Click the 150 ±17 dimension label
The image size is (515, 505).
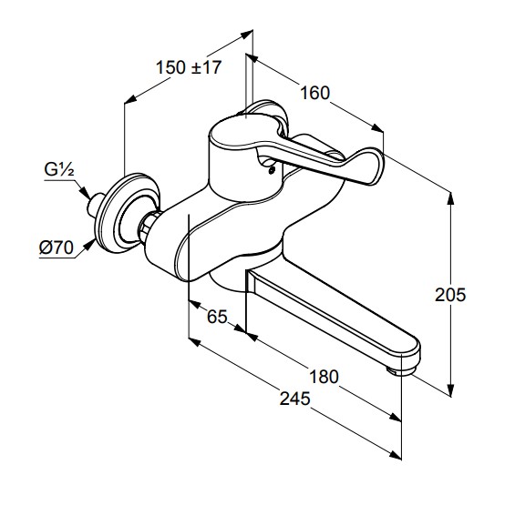tap(189, 67)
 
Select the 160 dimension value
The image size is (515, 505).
tap(315, 93)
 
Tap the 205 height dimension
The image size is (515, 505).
tap(450, 295)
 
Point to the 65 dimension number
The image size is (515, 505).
tap(217, 317)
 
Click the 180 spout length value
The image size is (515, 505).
tap(324, 377)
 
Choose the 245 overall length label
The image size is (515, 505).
tap(294, 399)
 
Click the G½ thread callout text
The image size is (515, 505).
tap(59, 170)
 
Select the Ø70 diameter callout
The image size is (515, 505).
tap(57, 247)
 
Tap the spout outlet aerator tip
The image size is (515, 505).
tap(400, 371)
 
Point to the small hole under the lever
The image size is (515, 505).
tap(272, 170)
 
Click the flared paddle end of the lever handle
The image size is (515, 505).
tap(365, 166)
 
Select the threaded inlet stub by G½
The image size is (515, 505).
tap(95, 205)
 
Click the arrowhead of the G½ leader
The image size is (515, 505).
tap(85, 193)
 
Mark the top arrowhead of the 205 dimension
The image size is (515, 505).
tap(450, 198)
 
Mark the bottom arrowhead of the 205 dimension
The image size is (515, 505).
tap(450, 389)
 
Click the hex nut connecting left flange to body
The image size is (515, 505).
tap(147, 227)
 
